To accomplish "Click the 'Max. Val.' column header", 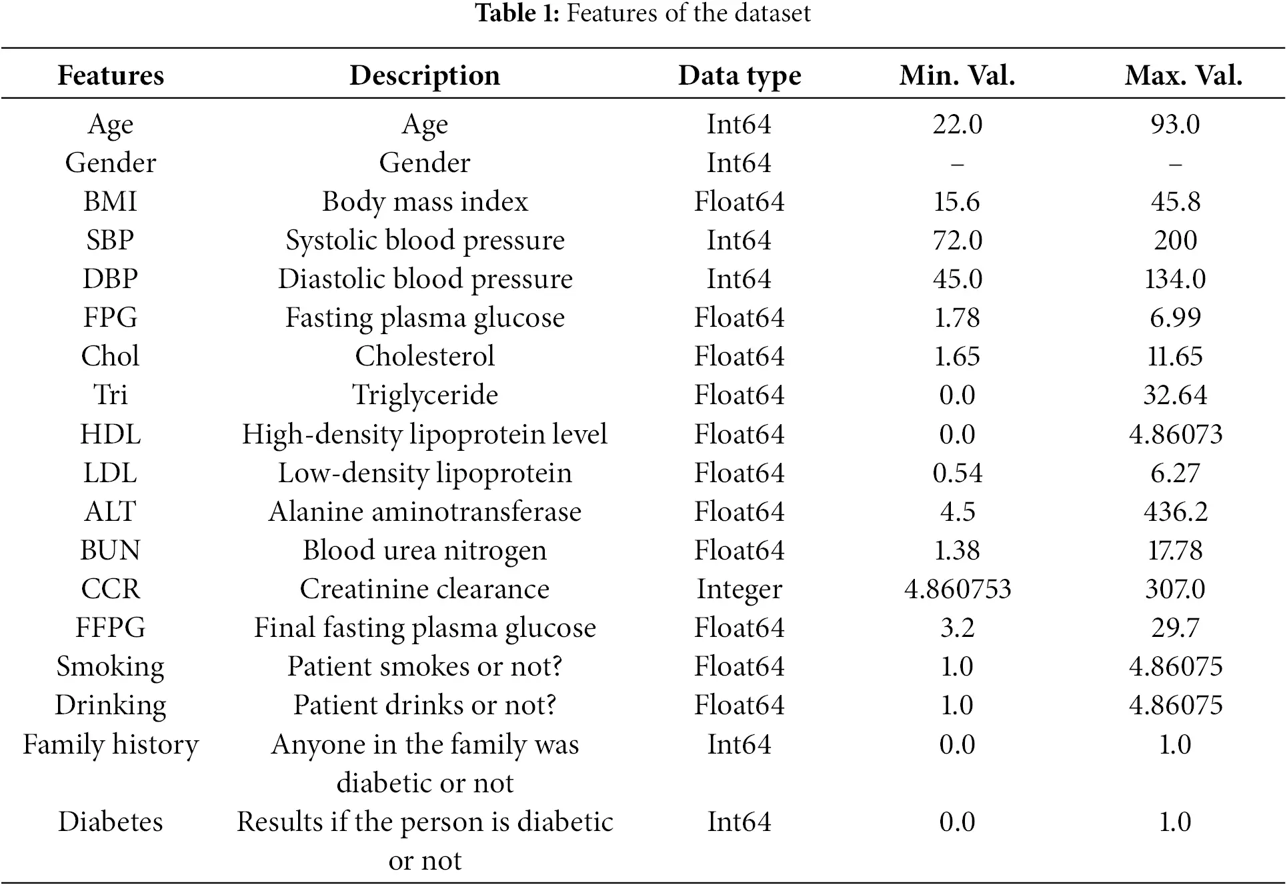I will [x=1183, y=75].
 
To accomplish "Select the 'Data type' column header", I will [x=740, y=76].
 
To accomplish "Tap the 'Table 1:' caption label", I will [x=517, y=13].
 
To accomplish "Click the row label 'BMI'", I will [x=110, y=201].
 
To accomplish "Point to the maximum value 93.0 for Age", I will [x=1175, y=124].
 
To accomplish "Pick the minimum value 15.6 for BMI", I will [x=956, y=201].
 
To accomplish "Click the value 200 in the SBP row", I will [x=1175, y=240].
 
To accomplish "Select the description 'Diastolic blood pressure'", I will [x=425, y=279].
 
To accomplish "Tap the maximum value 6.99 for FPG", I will [x=1175, y=317].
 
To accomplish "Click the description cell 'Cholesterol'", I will [x=425, y=356].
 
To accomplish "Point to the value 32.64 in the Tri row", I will [x=1175, y=395].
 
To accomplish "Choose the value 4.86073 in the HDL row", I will [x=1175, y=434].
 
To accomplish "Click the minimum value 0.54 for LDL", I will [x=957, y=473].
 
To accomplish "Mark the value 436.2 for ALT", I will [x=1175, y=512].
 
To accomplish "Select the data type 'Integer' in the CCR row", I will [x=739, y=590].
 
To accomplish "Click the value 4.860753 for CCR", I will [x=957, y=589].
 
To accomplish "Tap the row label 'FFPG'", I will [x=110, y=628].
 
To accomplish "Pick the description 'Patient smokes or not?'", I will [x=425, y=666].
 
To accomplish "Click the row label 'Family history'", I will [x=111, y=744].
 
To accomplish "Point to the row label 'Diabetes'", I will [x=110, y=822].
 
